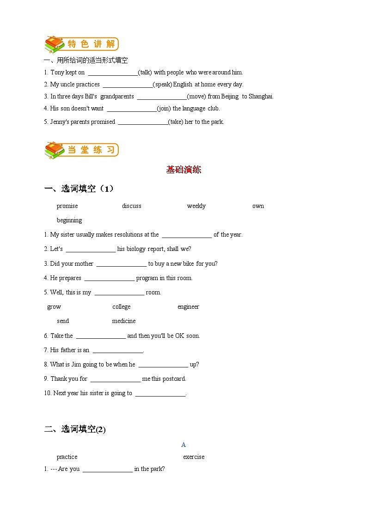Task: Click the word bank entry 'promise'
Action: (x=67, y=206)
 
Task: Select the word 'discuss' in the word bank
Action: (x=132, y=206)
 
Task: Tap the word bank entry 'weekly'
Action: (x=196, y=206)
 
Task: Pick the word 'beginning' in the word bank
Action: (x=69, y=220)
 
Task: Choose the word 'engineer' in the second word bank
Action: (x=188, y=307)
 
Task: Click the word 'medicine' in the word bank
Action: (x=124, y=321)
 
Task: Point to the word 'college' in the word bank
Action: (x=122, y=307)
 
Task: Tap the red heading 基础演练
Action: (x=183, y=170)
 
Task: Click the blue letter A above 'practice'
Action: (x=183, y=445)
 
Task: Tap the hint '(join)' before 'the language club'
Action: (x=164, y=109)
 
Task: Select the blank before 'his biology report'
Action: (x=91, y=250)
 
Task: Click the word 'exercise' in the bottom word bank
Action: (x=194, y=457)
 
